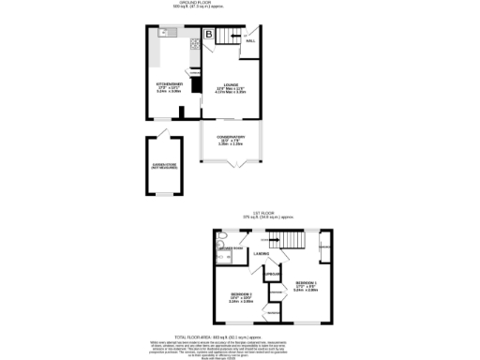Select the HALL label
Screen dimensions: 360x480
click(x=250, y=42)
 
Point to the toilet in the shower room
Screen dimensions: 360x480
click(x=217, y=249)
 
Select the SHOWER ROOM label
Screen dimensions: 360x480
click(x=232, y=249)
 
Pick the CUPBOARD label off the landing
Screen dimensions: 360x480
click(x=271, y=275)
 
